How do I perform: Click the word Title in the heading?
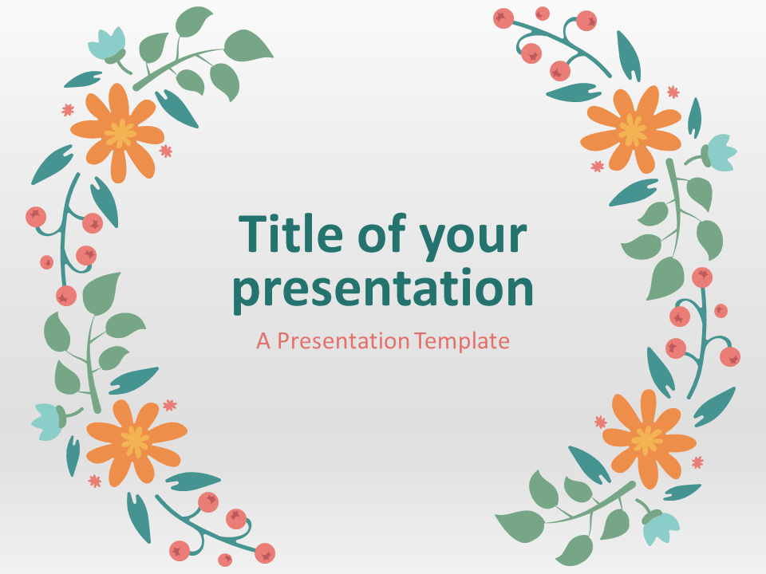[290, 234]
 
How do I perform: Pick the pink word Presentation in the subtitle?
[343, 340]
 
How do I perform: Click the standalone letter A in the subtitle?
[263, 341]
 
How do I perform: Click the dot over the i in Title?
[282, 218]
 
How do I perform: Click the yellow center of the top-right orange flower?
[632, 130]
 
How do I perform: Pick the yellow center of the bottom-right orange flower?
[647, 439]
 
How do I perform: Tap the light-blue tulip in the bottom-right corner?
[661, 526]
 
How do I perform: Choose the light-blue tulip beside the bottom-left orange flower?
[49, 422]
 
